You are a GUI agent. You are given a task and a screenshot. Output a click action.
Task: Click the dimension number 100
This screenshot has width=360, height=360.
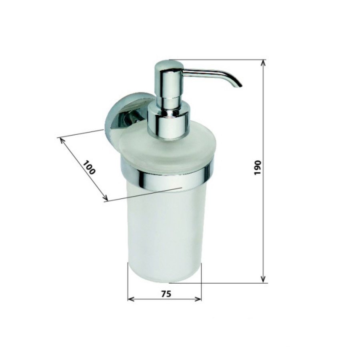click(89, 167)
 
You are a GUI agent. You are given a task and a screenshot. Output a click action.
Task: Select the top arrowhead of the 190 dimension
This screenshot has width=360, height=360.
click(263, 62)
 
